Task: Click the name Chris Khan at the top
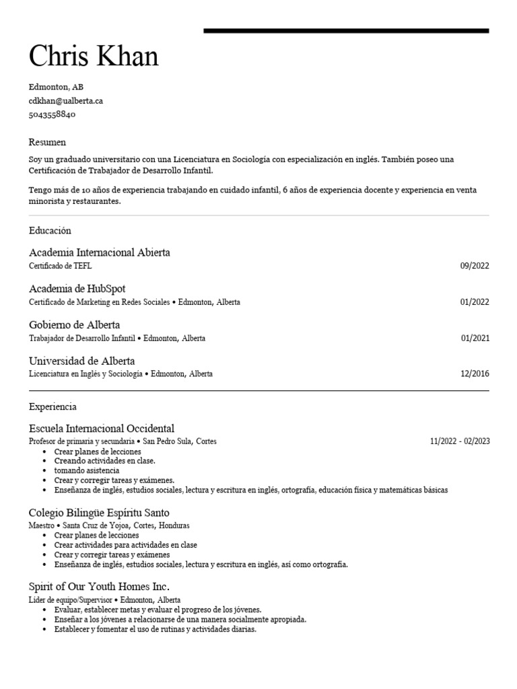tap(94, 57)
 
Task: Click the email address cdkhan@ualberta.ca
tap(65, 100)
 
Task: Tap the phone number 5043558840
tap(52, 114)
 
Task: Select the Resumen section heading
tap(47, 143)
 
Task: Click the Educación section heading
tap(50, 231)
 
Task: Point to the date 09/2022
tap(475, 266)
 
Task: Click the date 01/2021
tap(475, 338)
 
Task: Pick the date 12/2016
tap(475, 374)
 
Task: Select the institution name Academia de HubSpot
tap(77, 289)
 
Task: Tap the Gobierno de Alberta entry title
tap(75, 325)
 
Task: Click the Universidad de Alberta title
tap(82, 361)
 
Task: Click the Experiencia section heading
tap(53, 407)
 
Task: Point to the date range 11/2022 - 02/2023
tap(460, 442)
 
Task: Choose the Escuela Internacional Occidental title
tap(102, 429)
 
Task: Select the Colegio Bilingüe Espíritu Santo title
tap(99, 513)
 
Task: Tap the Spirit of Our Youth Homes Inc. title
tap(99, 587)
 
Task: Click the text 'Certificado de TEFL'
tap(61, 266)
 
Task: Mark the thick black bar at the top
tap(346, 31)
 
